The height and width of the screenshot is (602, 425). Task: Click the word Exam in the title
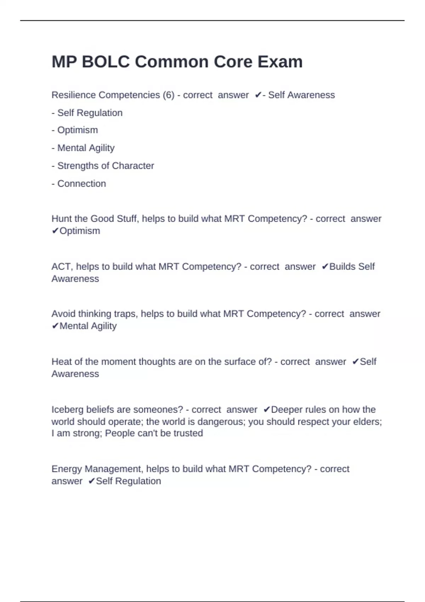pos(280,62)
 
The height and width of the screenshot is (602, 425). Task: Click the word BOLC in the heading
pos(106,62)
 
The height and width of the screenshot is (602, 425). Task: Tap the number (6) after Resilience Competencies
pos(169,95)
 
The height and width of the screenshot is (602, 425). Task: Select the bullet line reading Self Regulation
pos(87,113)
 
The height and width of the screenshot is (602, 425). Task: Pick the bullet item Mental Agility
pos(83,148)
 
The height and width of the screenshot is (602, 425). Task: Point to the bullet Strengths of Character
pos(103,166)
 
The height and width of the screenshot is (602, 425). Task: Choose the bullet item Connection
pos(79,184)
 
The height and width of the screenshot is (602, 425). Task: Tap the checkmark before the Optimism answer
pos(55,231)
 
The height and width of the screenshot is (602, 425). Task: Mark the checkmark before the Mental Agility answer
pos(55,326)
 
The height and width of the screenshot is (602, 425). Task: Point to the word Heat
pos(62,362)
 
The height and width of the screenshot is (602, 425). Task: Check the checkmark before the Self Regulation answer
pos(91,481)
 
